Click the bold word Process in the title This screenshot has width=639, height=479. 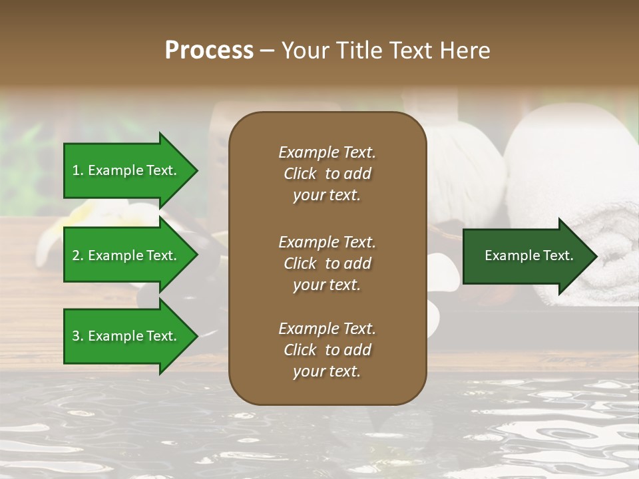coord(209,51)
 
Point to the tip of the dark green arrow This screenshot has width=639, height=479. coord(596,256)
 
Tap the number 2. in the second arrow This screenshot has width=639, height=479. coord(78,255)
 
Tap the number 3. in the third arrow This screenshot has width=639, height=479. coord(78,336)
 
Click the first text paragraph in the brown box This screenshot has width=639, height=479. coord(327,174)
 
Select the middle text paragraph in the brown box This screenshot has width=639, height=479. coord(327,263)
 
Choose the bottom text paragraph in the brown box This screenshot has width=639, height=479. coord(327,350)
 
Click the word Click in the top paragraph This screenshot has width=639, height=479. coord(300,174)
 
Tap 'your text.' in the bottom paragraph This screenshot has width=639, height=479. coord(327,371)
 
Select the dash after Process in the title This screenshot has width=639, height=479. coord(268,51)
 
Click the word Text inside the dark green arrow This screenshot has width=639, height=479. coord(559,255)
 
